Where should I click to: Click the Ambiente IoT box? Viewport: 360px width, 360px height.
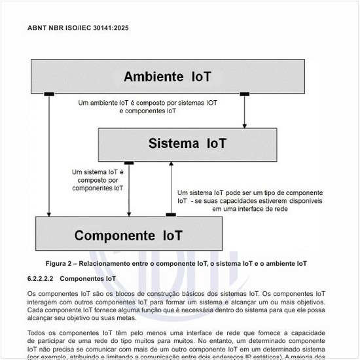168,77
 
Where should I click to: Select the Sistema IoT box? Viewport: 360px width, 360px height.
187,143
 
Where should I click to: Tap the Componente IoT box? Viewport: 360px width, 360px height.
128,235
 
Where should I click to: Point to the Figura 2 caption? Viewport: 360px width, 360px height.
176,263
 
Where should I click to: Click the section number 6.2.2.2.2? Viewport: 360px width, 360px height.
40,278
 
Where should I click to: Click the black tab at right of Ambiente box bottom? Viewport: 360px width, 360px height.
245,94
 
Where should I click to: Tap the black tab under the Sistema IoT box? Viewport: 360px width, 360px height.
129,162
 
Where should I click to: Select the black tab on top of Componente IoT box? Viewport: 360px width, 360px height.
171,215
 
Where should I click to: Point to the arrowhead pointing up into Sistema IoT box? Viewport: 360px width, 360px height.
171,164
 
